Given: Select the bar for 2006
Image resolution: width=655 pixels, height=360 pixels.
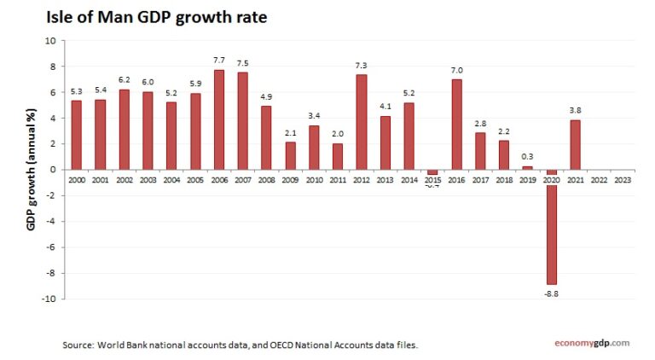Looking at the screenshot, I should click(219, 119).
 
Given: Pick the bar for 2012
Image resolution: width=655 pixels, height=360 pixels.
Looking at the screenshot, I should click(362, 122).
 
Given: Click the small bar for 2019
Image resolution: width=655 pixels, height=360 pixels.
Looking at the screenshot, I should click(528, 167).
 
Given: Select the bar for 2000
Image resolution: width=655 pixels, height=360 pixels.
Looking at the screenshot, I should click(77, 135).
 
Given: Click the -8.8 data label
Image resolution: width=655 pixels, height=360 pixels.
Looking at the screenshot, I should click(552, 293).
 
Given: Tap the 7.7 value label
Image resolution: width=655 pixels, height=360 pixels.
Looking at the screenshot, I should click(219, 61).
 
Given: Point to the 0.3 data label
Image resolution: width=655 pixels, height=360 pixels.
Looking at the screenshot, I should click(528, 156).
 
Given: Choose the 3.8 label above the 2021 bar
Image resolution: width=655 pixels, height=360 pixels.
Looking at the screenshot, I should click(576, 110).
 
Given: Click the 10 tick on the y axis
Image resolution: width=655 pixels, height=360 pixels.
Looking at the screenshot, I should click(49, 40).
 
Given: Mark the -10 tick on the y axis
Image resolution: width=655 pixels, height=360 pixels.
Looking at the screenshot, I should click(48, 299).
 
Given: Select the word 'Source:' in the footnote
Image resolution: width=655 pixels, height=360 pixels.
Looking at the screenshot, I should click(78, 345).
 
